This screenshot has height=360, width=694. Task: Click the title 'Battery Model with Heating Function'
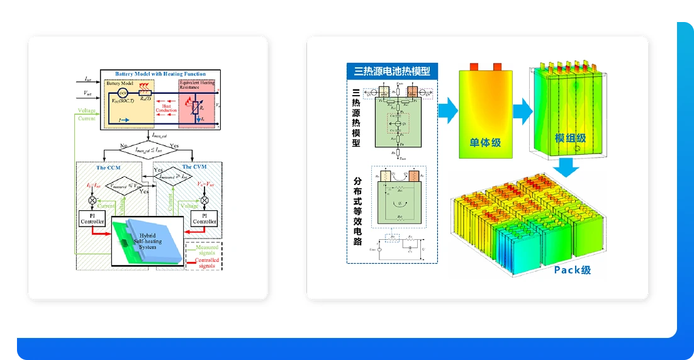tap(160, 74)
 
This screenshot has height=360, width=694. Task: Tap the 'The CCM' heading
tap(108, 167)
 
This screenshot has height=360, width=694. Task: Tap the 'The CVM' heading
tap(195, 167)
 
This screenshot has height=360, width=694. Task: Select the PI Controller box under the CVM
tap(204, 218)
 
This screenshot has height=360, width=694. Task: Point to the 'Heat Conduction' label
tap(167, 109)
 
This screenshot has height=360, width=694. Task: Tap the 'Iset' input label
tap(88, 80)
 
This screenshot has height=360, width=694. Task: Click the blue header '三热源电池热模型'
tap(391, 70)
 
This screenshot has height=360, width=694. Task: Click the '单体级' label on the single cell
tap(485, 142)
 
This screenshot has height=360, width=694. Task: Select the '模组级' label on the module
tap(570, 138)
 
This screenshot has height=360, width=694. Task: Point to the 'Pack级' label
tap(572, 270)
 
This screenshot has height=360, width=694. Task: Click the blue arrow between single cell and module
tap(522, 111)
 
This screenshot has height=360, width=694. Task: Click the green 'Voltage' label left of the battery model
tap(87, 111)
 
